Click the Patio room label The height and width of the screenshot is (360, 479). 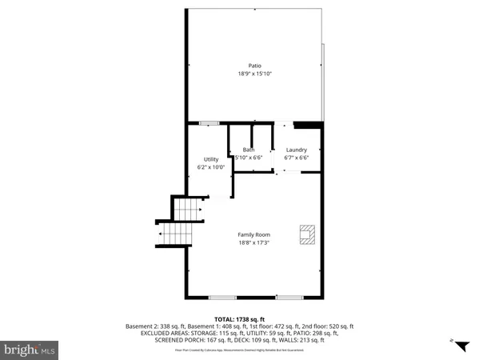point(254,66)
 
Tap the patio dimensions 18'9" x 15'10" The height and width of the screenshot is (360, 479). point(254,74)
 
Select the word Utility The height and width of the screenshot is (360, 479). point(211,159)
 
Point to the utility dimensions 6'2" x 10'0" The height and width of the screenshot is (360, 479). point(211,167)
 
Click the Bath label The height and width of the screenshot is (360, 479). point(249,150)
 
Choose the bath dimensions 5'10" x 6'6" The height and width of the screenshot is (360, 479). point(249,158)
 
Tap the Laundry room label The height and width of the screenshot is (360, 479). point(297,150)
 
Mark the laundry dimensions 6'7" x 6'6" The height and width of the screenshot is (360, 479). point(297,158)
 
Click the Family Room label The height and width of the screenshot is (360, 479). point(253,234)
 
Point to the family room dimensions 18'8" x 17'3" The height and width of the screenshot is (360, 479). point(253,242)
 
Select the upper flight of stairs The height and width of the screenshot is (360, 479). point(190,211)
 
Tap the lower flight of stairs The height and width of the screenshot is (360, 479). point(175,236)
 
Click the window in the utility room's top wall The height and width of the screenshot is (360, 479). point(210,122)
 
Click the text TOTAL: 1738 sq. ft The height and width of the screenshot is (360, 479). point(239,318)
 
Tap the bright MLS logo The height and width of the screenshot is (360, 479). point(30,349)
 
